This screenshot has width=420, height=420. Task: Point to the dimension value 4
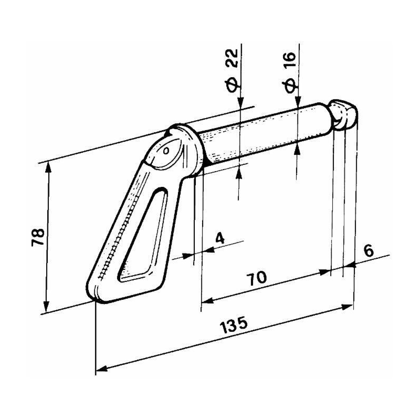[220, 238]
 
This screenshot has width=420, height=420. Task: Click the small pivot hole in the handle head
[166, 151]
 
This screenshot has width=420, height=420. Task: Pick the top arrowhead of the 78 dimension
[48, 167]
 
